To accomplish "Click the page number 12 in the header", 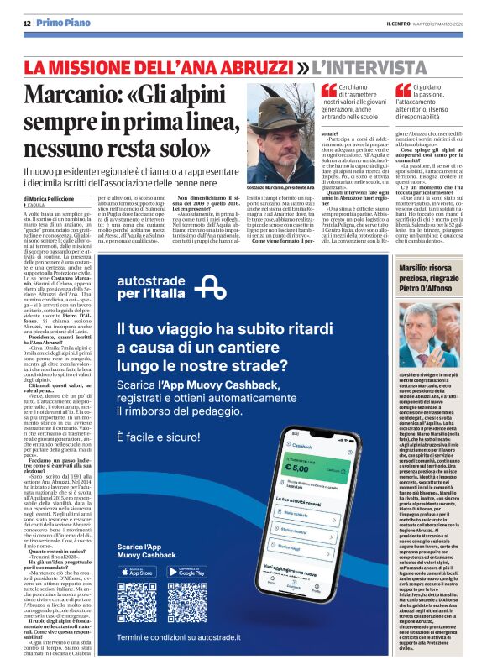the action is (x=27, y=23).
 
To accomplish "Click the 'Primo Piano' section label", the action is (x=60, y=23).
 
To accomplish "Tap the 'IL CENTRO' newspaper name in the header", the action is (x=378, y=24).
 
